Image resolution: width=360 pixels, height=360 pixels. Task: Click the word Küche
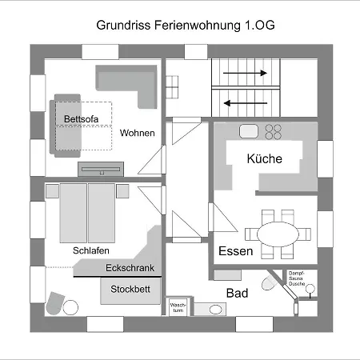[x=264, y=159]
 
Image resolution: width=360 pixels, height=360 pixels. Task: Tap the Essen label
[x=236, y=251]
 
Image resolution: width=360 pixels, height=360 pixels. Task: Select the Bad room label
[x=237, y=294]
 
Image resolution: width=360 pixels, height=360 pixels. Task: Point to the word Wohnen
[x=138, y=133]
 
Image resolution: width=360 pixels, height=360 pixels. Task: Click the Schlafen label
[x=90, y=250]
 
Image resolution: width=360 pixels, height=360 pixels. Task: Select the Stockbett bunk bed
[x=130, y=290]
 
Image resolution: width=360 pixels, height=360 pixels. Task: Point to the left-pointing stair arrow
[x=247, y=102]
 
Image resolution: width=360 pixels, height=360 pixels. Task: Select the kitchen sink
[x=247, y=130]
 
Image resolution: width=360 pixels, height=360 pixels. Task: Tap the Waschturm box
[x=177, y=307]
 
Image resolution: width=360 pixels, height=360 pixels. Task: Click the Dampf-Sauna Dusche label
[x=307, y=280]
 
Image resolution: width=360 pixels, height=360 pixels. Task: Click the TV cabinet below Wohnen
[x=102, y=169]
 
